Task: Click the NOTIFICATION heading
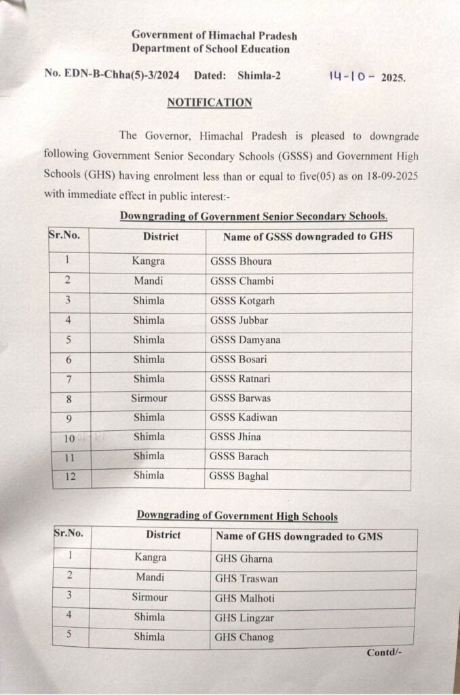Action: (210, 102)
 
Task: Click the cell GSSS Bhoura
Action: (241, 262)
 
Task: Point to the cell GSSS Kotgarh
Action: (242, 301)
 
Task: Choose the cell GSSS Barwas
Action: (240, 398)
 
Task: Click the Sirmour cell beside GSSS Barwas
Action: (149, 398)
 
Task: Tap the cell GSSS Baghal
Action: (239, 476)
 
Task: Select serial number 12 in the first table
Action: (71, 476)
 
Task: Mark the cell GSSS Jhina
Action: (235, 437)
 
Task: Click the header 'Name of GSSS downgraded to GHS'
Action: (308, 237)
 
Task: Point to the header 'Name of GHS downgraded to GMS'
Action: (299, 536)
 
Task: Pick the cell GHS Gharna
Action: (244, 559)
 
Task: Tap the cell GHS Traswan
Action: (246, 579)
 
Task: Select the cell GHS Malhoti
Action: (245, 599)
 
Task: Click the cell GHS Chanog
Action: (244, 637)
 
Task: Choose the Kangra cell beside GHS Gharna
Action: (150, 558)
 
